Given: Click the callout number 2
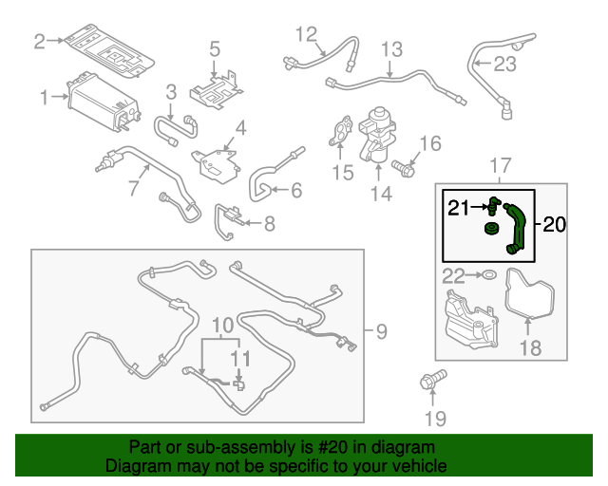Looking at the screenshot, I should [x=39, y=41].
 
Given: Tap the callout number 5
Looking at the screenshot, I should [x=215, y=48].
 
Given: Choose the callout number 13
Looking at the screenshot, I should [x=391, y=49].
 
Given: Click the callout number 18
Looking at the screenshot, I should [x=529, y=348].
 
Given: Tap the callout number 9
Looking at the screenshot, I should [x=381, y=331].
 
